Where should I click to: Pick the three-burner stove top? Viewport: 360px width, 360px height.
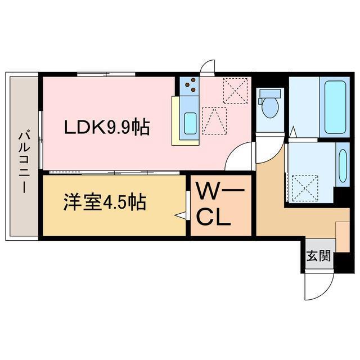(x=191, y=85)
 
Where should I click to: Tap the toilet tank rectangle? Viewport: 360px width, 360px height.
(x=269, y=93)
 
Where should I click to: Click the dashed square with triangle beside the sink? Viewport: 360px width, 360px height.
(x=214, y=121)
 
